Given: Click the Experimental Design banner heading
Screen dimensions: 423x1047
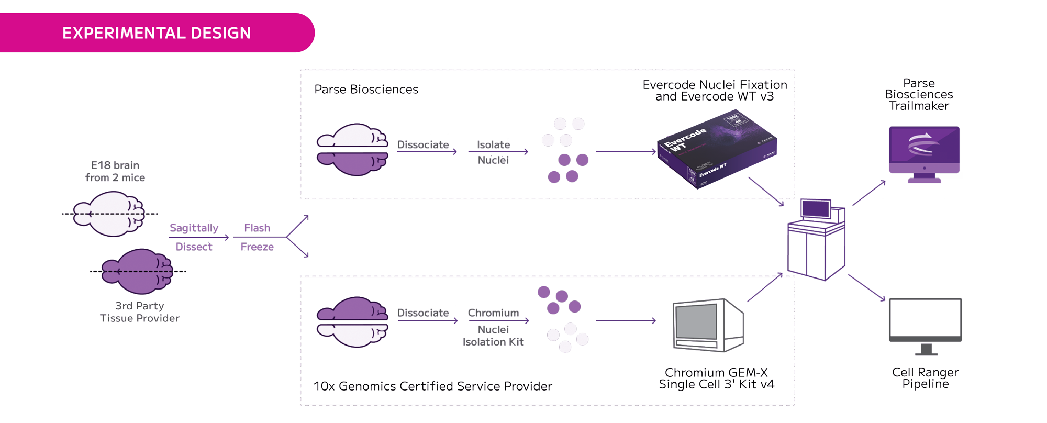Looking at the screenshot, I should pyautogui.click(x=156, y=33).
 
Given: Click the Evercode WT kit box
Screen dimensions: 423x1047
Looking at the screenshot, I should pyautogui.click(x=717, y=149).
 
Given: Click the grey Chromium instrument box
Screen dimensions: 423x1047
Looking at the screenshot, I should pyautogui.click(x=708, y=325).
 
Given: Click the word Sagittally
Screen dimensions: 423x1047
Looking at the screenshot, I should pyautogui.click(x=194, y=228).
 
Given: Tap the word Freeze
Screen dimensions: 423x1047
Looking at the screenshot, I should pyautogui.click(x=257, y=247).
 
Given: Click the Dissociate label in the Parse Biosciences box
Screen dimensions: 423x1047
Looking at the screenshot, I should pyautogui.click(x=422, y=144).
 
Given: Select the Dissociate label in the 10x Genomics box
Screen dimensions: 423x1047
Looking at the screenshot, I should pyautogui.click(x=422, y=313).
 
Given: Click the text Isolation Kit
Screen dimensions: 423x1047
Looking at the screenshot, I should pyautogui.click(x=493, y=342).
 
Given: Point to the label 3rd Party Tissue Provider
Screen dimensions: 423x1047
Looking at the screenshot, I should pyautogui.click(x=139, y=312).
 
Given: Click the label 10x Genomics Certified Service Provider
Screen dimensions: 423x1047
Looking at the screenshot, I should pyautogui.click(x=432, y=386).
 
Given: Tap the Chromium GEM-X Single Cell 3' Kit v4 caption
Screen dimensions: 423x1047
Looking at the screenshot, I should pyautogui.click(x=716, y=378).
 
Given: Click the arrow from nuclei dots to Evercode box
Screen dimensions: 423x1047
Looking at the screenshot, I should pyautogui.click(x=626, y=152).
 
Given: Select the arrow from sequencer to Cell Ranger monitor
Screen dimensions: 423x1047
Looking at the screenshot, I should pyautogui.click(x=866, y=287).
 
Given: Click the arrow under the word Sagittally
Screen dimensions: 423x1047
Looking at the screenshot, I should pyautogui.click(x=198, y=238).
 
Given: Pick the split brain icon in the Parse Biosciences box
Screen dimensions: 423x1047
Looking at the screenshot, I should pyautogui.click(x=352, y=150).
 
